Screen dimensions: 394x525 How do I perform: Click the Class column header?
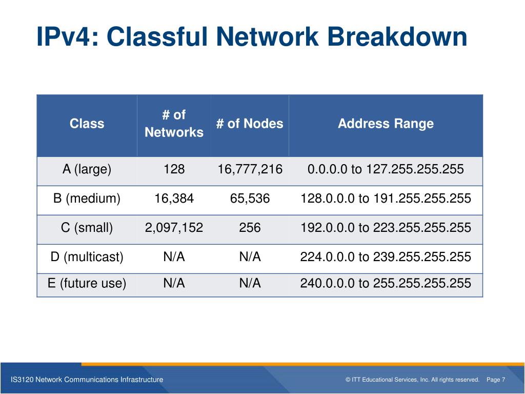click(x=87, y=124)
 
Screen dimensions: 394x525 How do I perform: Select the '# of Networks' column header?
click(x=174, y=124)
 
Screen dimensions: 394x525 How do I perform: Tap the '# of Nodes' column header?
click(x=250, y=124)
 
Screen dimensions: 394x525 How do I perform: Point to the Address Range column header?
click(x=386, y=124)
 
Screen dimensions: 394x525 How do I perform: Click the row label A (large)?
click(x=87, y=169)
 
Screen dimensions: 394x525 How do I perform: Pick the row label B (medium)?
click(x=87, y=199)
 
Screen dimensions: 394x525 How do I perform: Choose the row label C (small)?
click(x=87, y=228)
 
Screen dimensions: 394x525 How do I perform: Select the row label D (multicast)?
click(x=87, y=257)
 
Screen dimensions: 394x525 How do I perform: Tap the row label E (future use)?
click(x=87, y=283)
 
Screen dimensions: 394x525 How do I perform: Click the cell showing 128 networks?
click(x=174, y=169)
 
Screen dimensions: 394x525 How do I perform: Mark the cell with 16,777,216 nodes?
click(x=250, y=169)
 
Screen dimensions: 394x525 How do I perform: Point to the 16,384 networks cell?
click(x=174, y=199)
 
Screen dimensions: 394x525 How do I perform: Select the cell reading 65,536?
click(x=250, y=199)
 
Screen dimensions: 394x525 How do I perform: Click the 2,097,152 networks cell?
click(x=174, y=228)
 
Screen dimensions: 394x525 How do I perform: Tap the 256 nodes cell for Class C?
click(x=250, y=228)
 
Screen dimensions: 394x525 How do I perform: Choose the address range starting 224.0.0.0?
click(x=386, y=257)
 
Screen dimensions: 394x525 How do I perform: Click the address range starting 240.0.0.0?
click(x=386, y=283)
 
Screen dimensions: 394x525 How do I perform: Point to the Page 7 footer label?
click(x=496, y=380)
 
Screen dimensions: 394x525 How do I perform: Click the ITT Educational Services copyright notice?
click(x=412, y=380)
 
